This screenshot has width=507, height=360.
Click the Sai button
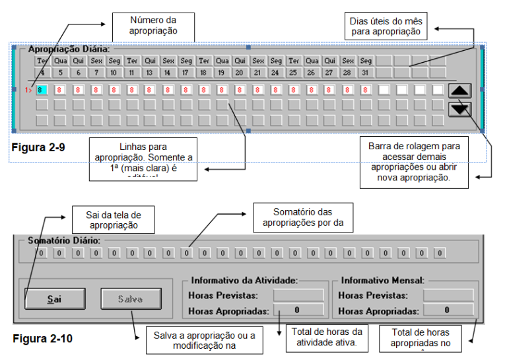tap(55, 299)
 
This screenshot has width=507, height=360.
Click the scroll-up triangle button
tap(459, 92)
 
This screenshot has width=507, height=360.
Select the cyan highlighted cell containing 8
tap(41, 89)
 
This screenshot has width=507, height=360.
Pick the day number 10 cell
tap(114, 73)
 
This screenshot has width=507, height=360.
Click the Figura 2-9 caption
tap(38, 145)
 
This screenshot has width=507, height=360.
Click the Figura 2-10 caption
tap(41, 340)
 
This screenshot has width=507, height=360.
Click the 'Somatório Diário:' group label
tap(64, 240)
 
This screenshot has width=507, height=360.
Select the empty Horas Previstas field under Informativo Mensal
tap(448, 295)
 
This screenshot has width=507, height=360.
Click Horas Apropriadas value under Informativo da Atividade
tap(298, 310)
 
